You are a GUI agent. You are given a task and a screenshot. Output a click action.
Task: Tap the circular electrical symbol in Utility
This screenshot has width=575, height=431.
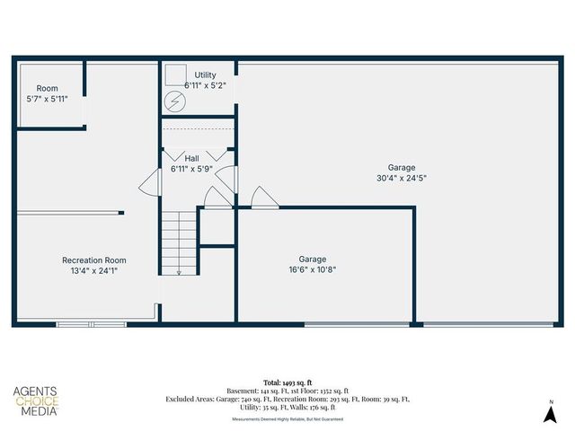[177, 102]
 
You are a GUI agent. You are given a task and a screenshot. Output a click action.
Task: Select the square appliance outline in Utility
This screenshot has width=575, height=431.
[174, 75]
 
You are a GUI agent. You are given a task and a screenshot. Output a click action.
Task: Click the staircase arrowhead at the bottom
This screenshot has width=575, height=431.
[180, 272]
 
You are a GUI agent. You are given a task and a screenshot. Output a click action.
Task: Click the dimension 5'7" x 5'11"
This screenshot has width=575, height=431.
[47, 99]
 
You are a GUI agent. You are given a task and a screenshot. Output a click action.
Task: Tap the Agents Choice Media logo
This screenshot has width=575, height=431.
[36, 400]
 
